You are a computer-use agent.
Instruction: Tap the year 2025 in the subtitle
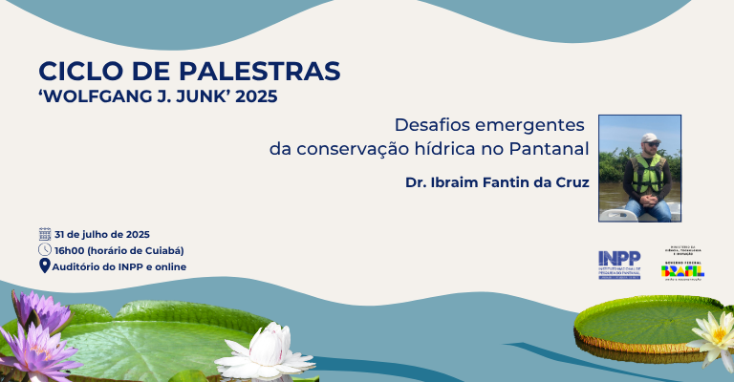(x=260, y=96)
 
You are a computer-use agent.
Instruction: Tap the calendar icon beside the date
(x=44, y=234)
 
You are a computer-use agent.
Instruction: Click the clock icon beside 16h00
(x=44, y=250)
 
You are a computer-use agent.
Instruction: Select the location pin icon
(x=44, y=266)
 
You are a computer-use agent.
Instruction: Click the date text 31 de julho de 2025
(x=102, y=234)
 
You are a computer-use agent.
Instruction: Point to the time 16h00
(x=70, y=250)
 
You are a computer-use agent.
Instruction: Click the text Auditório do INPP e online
(x=120, y=266)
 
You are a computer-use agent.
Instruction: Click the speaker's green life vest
(x=649, y=175)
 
